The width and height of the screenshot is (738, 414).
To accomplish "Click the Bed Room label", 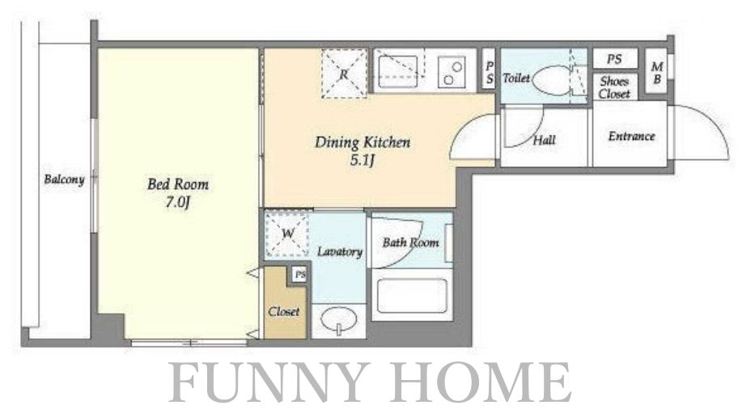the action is tap(178, 184).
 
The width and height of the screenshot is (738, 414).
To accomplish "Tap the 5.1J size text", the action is tap(362, 161).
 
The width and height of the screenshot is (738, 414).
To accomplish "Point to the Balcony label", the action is tap(64, 180).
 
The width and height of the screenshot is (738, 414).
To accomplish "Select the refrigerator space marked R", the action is tap(344, 74).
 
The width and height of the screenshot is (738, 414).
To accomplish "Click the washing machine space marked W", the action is tap(287, 234).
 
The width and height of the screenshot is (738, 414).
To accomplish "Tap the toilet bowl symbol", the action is tap(553, 80).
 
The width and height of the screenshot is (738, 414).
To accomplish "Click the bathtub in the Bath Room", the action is tap(412, 296).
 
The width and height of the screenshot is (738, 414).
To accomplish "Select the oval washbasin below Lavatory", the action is tap(338, 320).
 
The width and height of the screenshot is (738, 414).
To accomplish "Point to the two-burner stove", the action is tap(452, 73).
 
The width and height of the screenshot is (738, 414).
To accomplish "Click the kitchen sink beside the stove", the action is tap(398, 71).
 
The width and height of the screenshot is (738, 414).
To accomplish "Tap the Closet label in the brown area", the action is tap(284, 311).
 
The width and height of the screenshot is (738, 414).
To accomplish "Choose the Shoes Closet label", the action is tap(614, 87).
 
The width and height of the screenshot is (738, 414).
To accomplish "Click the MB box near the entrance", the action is tap(656, 73).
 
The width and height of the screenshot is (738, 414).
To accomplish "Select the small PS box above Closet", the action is tap(299, 274).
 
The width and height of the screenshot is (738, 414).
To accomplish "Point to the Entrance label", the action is tap(632, 137).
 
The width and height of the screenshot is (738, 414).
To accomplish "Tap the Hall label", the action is tap(544, 140).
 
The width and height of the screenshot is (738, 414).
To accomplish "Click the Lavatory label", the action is tap(339, 251).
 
